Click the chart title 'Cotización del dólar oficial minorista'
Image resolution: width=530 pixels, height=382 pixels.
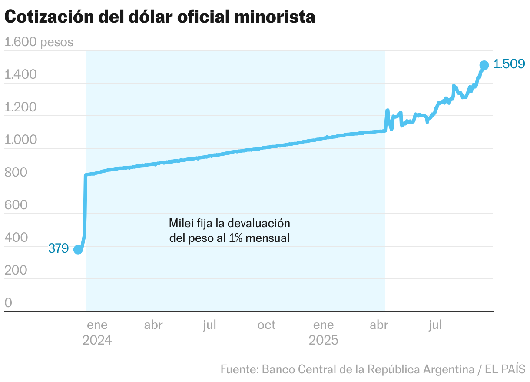(159, 17)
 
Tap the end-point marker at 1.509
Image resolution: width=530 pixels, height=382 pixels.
(484, 65)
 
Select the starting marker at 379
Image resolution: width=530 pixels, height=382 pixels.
(78, 249)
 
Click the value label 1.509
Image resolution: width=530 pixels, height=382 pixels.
(510, 64)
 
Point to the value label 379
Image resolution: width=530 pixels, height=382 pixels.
(58, 249)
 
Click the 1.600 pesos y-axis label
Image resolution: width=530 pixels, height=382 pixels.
(39, 43)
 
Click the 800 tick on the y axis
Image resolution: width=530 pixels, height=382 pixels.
(16, 173)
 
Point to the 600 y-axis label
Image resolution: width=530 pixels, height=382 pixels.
(16, 205)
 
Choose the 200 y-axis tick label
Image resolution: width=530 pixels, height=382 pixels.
(16, 271)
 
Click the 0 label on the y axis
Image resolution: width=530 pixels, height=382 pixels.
(8, 303)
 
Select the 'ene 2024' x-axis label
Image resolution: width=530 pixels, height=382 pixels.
(97, 332)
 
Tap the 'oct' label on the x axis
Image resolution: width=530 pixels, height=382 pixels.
(266, 325)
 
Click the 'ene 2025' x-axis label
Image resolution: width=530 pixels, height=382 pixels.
(324, 332)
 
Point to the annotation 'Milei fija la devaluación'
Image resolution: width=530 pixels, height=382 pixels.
(229, 224)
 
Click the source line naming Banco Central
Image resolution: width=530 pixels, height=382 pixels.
(373, 369)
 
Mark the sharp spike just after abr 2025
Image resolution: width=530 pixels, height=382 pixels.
(387, 111)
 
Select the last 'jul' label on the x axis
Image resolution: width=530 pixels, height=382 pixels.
(435, 325)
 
